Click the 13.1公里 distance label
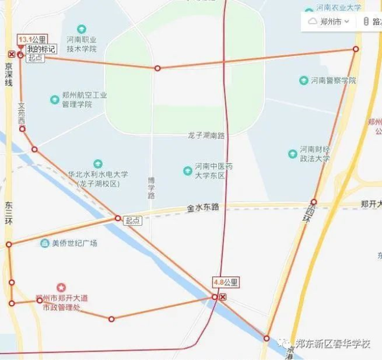[x=32, y=39]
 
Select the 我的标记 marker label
[x=41, y=49]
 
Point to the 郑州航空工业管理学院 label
[x=84, y=100]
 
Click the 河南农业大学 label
[x=338, y=8]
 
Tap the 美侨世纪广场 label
[x=74, y=243]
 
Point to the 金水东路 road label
[x=203, y=207]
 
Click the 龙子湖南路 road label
[x=206, y=135]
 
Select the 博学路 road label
[x=151, y=187]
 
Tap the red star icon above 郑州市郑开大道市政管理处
[x=61, y=288]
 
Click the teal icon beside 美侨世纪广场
[x=45, y=243]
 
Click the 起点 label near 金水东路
[x=133, y=221]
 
